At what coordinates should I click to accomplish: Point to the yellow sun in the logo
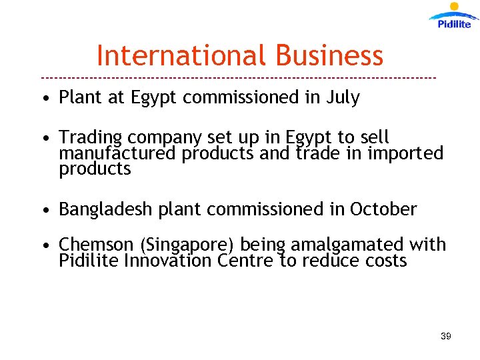[x=455, y=7]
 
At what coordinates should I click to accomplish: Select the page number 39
[x=445, y=336]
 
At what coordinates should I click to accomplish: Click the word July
[x=342, y=97]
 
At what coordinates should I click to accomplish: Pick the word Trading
[x=91, y=138]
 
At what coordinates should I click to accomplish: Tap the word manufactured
[x=117, y=153]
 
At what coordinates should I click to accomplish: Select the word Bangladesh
[x=107, y=209]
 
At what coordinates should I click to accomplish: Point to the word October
[x=383, y=209]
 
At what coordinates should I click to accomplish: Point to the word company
[x=165, y=139]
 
